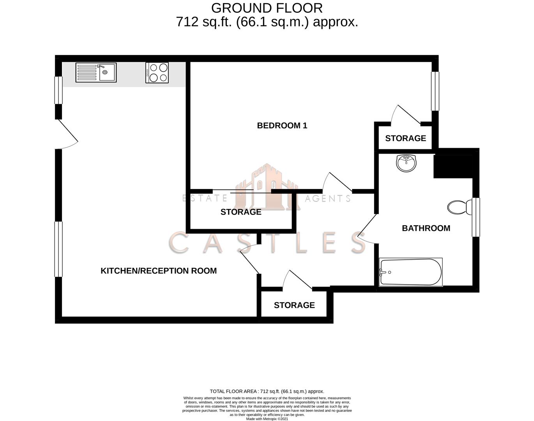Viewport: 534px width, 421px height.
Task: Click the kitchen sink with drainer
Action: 95,73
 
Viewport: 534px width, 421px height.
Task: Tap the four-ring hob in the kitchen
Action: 157,73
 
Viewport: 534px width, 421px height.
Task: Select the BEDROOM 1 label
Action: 282,126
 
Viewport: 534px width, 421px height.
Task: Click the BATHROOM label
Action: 426,228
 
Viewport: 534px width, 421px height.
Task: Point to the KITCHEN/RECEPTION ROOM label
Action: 159,271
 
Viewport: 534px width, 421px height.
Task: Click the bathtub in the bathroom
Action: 411,272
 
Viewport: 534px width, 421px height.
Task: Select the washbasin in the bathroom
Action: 406,163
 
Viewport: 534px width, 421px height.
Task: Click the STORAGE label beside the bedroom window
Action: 405,138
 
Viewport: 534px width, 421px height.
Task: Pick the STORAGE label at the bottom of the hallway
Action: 294,305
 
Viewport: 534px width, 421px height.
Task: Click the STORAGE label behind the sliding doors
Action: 241,212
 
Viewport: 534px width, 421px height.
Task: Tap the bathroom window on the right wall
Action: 476,217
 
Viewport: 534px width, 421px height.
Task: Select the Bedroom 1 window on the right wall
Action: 435,91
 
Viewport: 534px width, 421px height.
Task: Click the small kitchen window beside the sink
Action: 58,90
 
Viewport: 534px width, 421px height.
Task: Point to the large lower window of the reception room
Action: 58,249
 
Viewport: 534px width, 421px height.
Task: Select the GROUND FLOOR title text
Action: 267,8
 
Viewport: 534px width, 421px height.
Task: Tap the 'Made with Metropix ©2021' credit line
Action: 267,419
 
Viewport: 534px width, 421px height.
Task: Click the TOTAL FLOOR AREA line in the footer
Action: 267,391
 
